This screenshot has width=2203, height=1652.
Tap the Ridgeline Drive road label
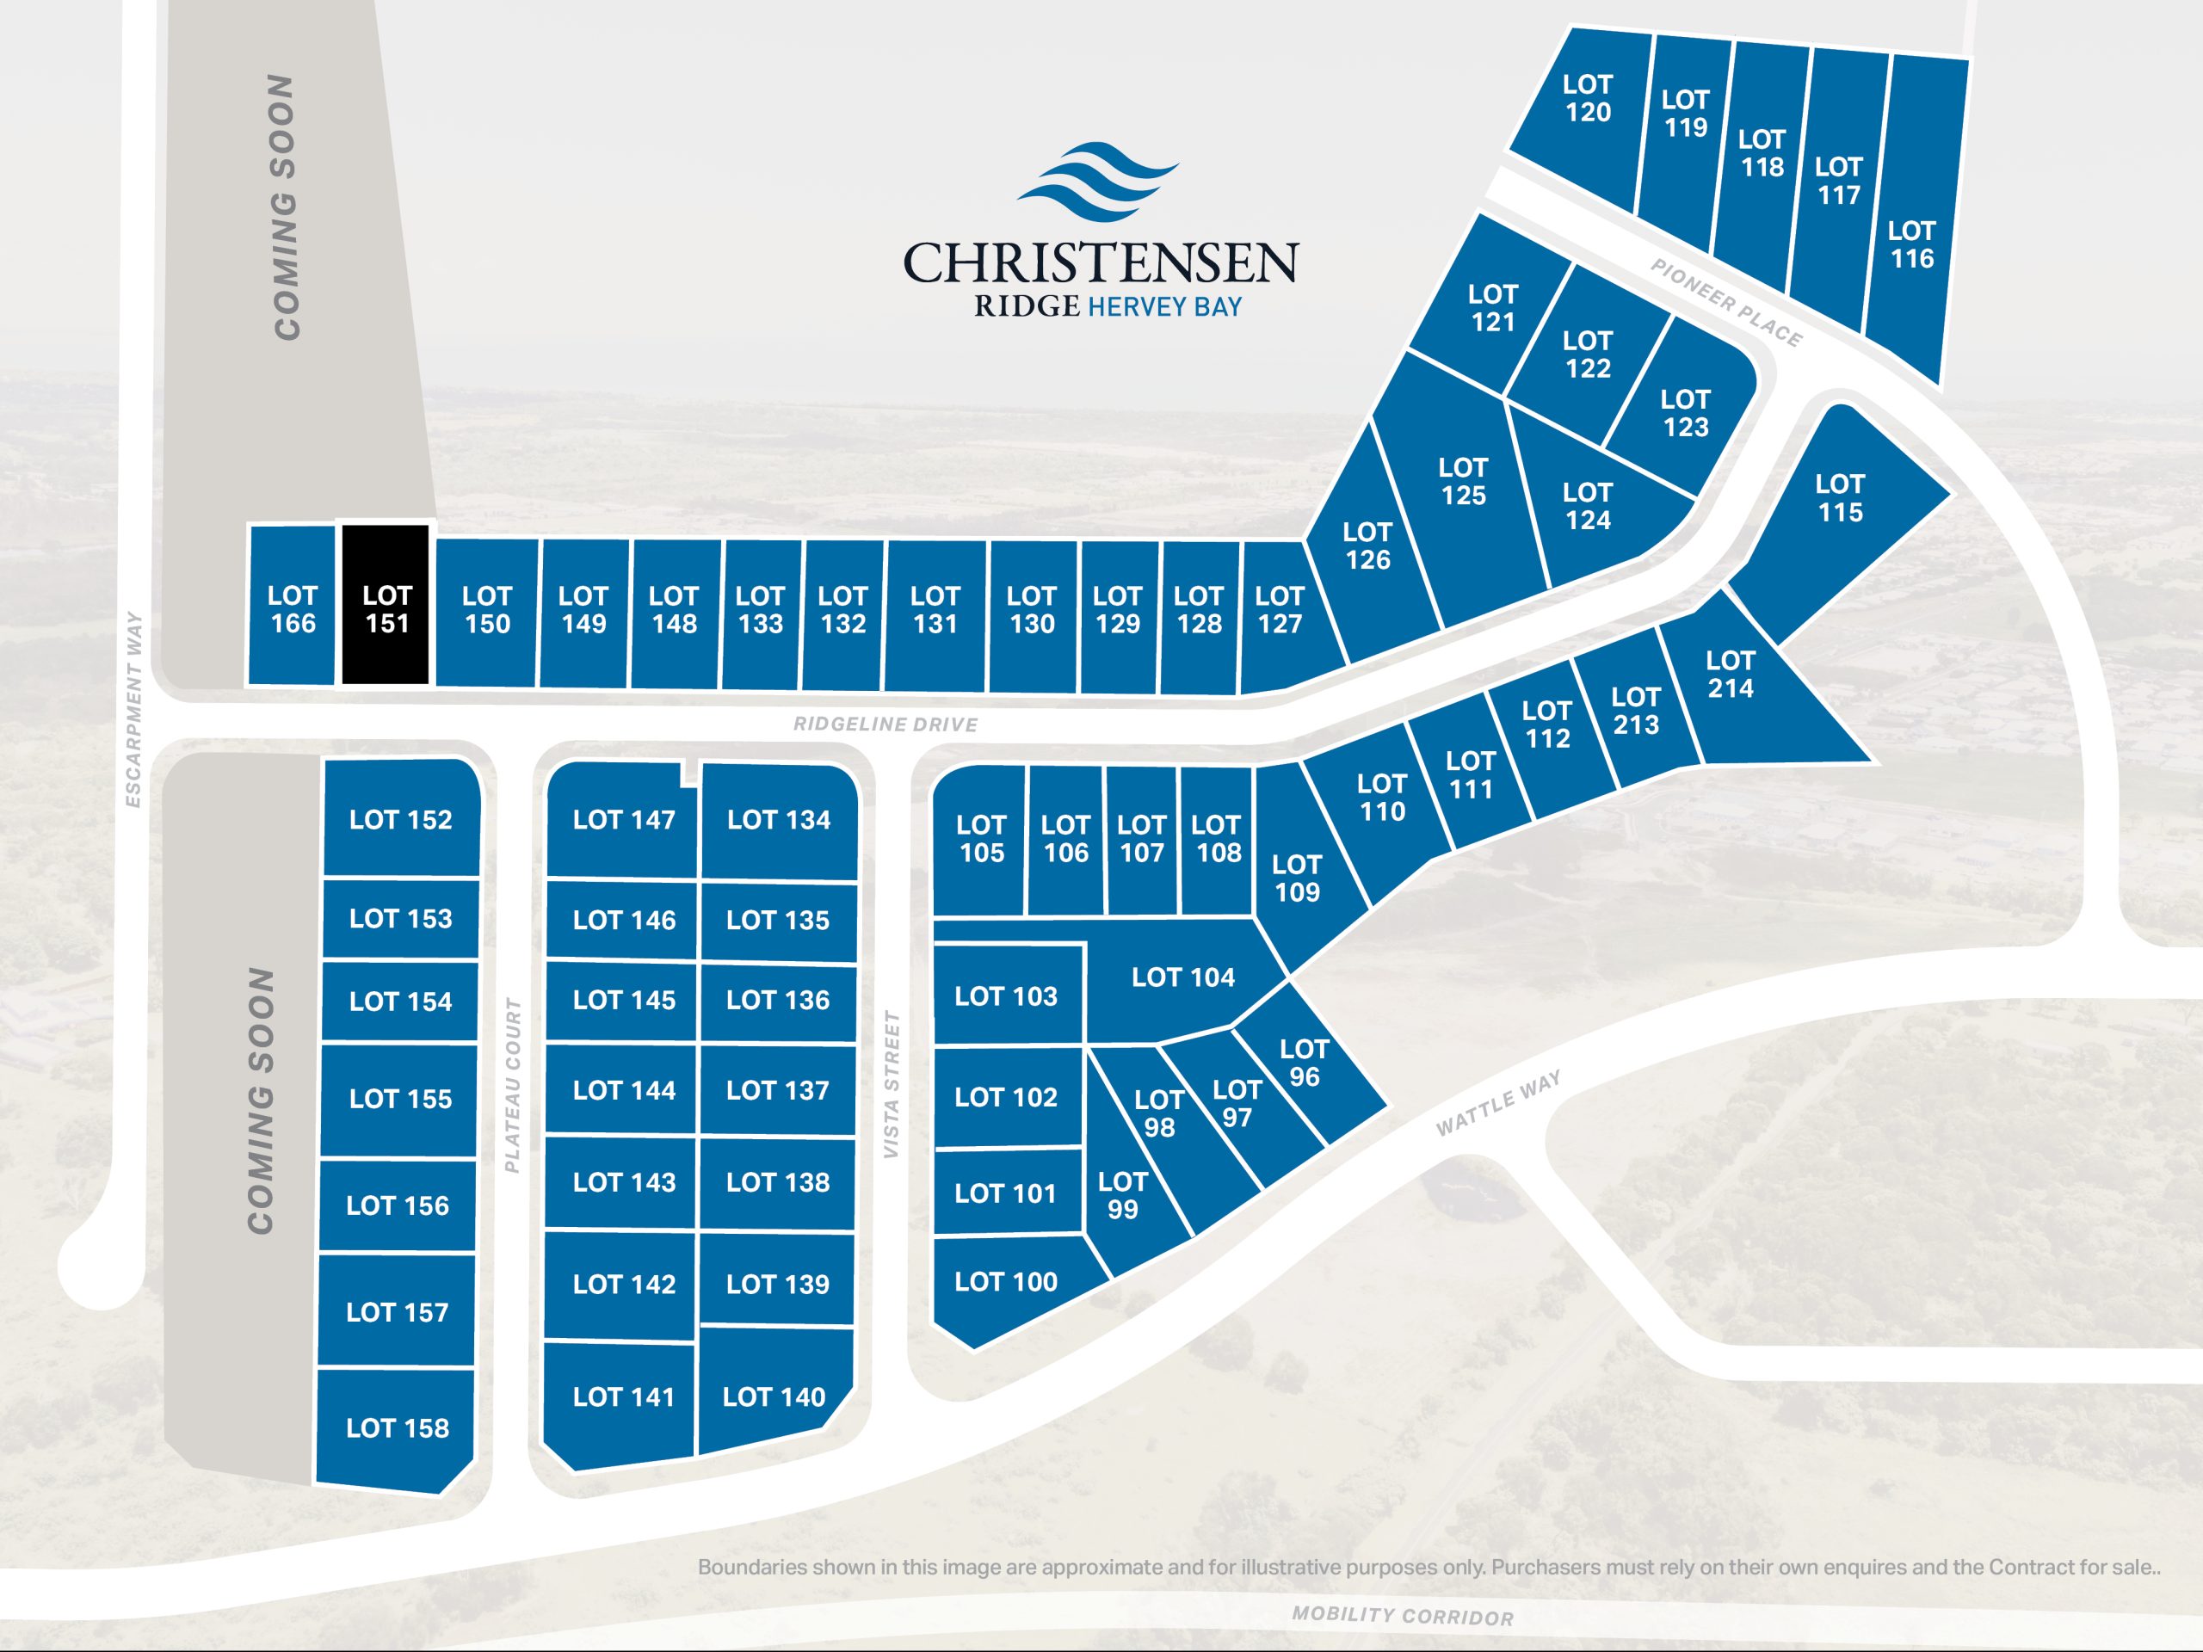(x=885, y=724)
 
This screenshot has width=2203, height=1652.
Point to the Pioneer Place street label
(x=1726, y=303)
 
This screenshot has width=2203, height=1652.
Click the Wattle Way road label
(x=1498, y=1103)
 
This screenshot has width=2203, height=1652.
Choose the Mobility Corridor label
(x=1403, y=1615)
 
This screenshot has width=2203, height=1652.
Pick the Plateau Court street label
(x=513, y=1085)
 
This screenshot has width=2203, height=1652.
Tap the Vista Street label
(x=892, y=1084)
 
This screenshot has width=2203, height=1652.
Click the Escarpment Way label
(x=133, y=709)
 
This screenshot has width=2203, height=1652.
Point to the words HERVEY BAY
(x=1164, y=306)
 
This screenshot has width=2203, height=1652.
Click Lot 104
(x=1182, y=977)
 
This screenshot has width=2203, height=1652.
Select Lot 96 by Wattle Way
(x=1305, y=1063)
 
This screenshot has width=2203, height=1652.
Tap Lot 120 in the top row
(x=1587, y=100)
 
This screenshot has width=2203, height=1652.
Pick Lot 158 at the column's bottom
(x=397, y=1428)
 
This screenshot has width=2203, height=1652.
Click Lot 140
(x=774, y=1397)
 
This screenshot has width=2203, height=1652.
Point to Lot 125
(x=1462, y=482)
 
